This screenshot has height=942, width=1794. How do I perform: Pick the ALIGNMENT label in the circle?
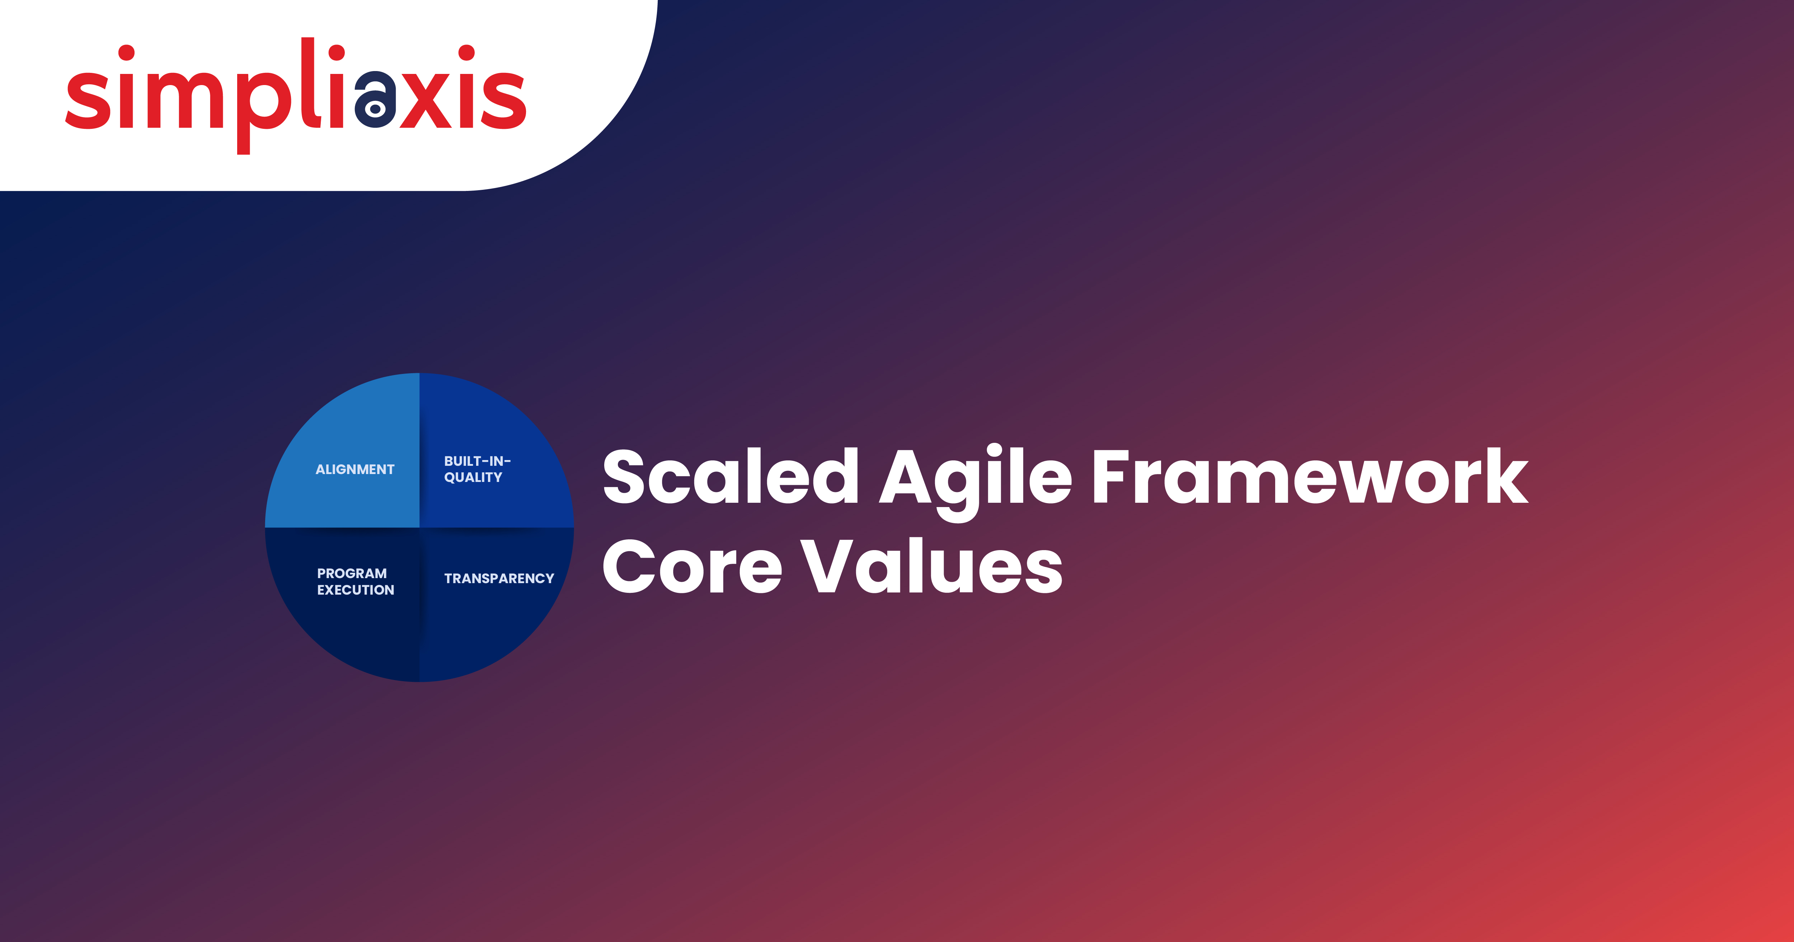[x=355, y=470]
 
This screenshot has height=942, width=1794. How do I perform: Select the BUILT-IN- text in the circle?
[x=478, y=461]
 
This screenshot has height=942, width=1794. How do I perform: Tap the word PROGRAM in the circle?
[x=352, y=573]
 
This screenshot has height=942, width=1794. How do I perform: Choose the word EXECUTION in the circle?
[x=356, y=590]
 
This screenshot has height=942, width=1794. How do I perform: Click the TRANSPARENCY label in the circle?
[x=499, y=579]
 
